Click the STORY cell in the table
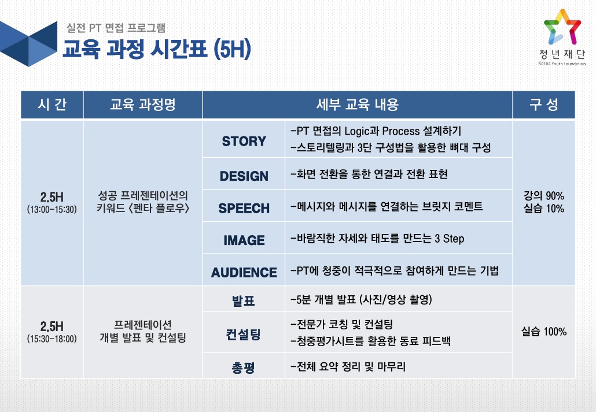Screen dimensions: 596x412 (x=244, y=141)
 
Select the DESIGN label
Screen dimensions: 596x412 (x=244, y=176)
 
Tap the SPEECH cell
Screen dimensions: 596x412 (x=244, y=208)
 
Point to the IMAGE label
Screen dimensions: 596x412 (x=244, y=240)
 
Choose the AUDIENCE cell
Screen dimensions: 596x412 (x=244, y=272)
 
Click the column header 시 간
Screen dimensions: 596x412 (x=52, y=105)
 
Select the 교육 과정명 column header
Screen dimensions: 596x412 (x=142, y=105)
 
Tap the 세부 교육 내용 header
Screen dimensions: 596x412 (x=357, y=105)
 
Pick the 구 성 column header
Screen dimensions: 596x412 (x=543, y=105)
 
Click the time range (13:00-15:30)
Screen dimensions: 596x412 (x=51, y=209)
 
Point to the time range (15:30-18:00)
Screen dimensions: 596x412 (x=51, y=339)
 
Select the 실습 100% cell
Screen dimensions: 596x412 (x=543, y=332)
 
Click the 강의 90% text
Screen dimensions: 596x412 (x=543, y=195)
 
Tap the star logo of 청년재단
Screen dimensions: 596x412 (x=562, y=27)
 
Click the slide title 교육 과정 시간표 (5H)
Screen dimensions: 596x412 (x=157, y=49)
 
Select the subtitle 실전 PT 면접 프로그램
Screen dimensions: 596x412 (x=116, y=28)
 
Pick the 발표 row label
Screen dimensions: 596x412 (x=243, y=300)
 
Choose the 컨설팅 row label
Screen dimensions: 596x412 (x=243, y=335)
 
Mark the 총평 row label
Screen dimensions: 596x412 (x=243, y=368)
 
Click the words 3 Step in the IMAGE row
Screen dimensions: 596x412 (x=449, y=239)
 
